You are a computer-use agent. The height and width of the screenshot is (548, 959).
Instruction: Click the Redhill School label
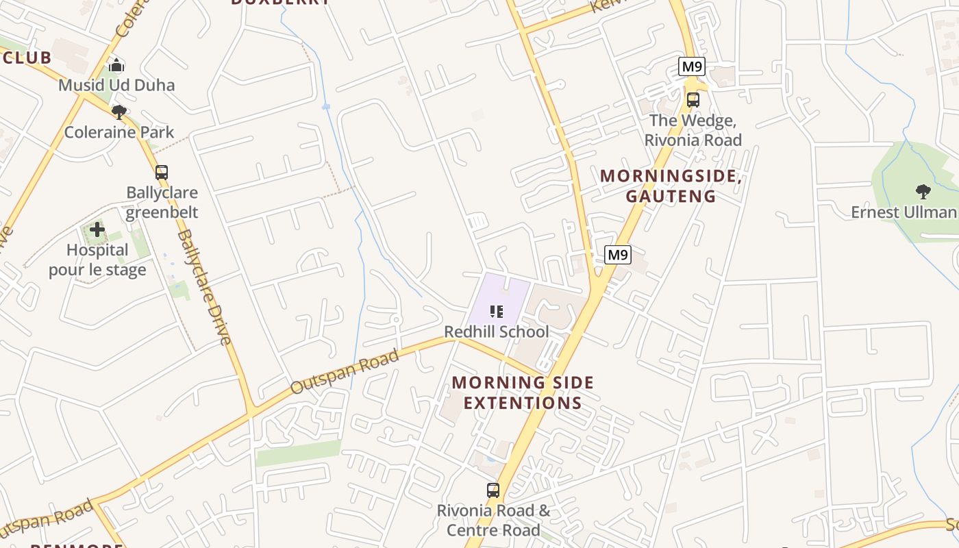point(497,332)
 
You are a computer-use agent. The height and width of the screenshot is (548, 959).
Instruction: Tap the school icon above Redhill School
point(497,312)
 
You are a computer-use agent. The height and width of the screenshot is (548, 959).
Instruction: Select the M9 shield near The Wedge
point(692,66)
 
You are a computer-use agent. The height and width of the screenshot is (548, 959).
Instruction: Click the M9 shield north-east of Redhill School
point(618,255)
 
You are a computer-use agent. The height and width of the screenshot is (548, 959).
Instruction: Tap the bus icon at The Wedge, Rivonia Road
point(693,100)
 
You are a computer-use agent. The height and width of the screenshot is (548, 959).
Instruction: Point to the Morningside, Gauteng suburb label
point(671,186)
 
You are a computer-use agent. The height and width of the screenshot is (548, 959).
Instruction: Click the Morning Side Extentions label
point(523,393)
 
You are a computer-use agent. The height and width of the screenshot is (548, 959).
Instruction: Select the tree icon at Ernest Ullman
point(923,191)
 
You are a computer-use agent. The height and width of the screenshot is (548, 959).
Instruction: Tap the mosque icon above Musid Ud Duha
point(116,65)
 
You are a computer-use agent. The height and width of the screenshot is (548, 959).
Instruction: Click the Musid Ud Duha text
point(116,85)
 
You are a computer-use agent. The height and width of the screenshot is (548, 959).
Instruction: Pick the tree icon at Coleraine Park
point(119,112)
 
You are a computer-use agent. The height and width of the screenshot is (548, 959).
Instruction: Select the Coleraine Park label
point(119,132)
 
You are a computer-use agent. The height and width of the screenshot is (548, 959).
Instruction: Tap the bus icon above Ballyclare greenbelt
point(162,173)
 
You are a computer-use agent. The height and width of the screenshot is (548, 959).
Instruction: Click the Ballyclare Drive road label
point(204,286)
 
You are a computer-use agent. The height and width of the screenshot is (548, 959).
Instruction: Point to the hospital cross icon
point(97,229)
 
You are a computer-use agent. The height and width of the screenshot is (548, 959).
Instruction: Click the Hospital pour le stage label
point(97,260)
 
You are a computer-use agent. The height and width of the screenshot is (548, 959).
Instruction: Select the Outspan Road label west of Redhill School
point(345,372)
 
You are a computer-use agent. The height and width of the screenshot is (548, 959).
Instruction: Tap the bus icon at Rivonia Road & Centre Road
point(493,490)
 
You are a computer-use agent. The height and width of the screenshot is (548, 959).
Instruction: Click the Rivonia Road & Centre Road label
point(493,521)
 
